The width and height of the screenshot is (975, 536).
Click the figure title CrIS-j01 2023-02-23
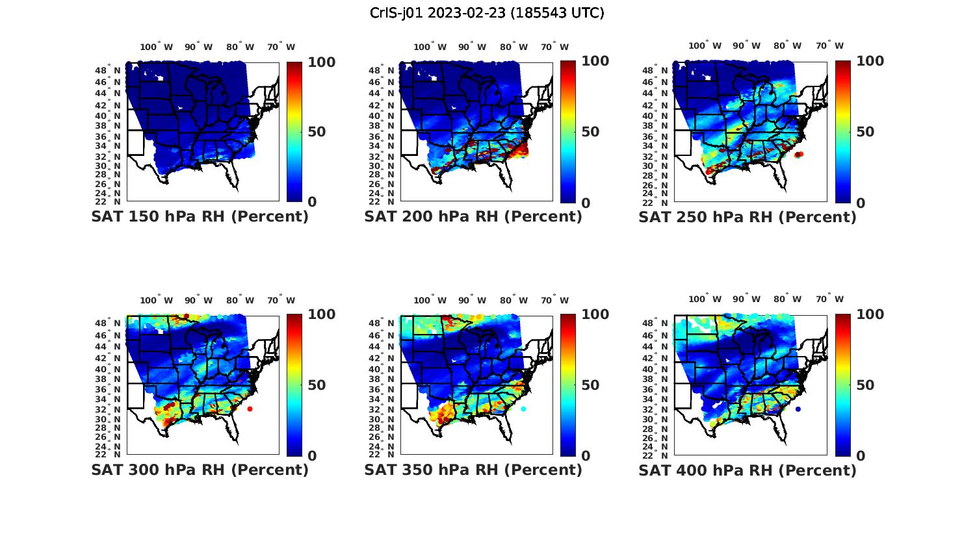point(487,13)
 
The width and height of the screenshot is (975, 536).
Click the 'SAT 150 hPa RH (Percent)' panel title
point(200,217)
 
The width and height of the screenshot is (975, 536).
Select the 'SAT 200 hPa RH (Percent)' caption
point(473,217)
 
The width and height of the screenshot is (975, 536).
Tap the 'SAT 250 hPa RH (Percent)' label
point(747,218)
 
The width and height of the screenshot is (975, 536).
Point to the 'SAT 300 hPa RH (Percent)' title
point(200,470)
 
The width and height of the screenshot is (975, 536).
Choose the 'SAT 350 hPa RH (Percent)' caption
point(473,470)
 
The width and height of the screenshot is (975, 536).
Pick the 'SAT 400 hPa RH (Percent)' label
point(747,470)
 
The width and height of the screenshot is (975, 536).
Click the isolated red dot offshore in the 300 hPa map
point(250,409)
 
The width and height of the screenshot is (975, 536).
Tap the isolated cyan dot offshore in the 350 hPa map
point(523,409)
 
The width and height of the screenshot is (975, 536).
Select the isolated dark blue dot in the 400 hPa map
point(798,409)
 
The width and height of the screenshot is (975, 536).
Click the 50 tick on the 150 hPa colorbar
point(317,132)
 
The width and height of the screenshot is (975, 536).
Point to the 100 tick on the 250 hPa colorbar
point(870,61)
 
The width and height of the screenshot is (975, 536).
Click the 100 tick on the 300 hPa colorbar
point(321,314)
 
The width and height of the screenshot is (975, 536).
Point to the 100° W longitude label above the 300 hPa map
point(156,300)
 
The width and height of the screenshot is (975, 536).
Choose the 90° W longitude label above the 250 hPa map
point(746,45)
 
